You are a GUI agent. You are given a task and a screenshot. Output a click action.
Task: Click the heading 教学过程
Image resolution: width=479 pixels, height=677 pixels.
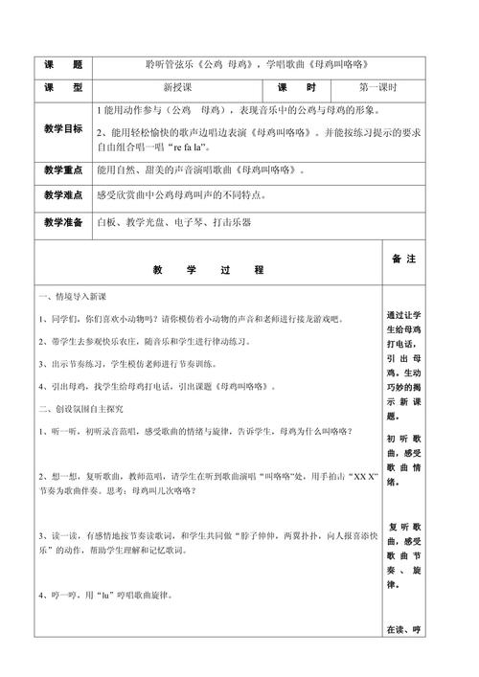tap(207, 270)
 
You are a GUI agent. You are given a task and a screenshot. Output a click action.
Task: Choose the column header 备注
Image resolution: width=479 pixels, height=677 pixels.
tap(403, 260)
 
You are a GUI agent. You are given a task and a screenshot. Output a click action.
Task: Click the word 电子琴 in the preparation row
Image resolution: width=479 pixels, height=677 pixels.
tap(185, 223)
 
